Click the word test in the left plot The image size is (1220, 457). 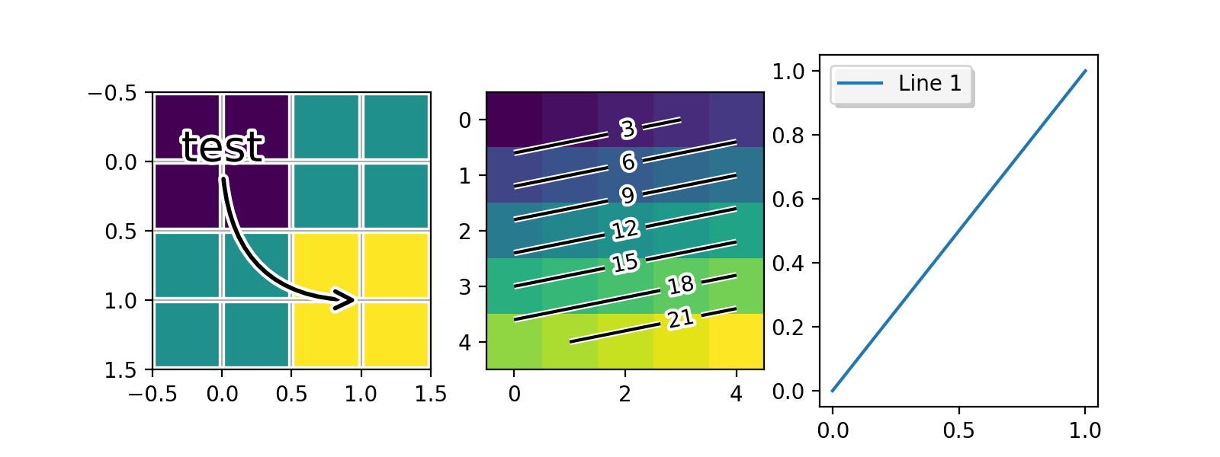[x=222, y=146]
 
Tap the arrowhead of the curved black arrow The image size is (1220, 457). [x=348, y=299]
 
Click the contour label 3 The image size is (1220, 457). [x=628, y=129]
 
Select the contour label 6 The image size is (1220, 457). [x=628, y=161]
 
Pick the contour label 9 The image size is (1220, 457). [x=628, y=196]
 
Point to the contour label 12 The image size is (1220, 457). [x=624, y=229]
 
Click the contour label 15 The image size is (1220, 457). [x=624, y=263]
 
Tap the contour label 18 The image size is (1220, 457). [x=680, y=285]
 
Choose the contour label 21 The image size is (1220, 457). [x=680, y=318]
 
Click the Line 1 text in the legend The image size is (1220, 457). [x=929, y=83]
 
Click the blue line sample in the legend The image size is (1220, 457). [x=860, y=83]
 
